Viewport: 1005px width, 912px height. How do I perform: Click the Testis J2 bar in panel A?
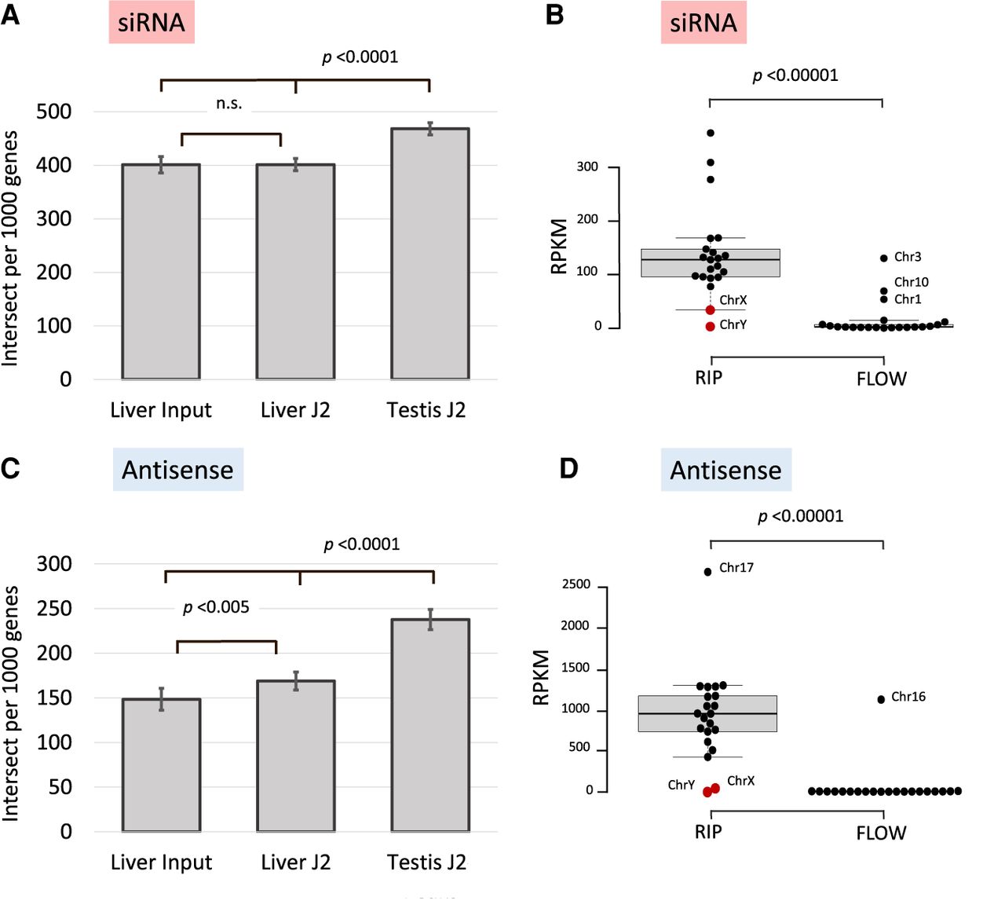pyautogui.click(x=429, y=254)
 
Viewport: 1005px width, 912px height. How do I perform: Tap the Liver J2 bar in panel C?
pyautogui.click(x=296, y=756)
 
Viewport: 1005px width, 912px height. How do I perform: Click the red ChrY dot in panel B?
pyautogui.click(x=710, y=326)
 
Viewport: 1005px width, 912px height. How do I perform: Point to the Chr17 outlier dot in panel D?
pyautogui.click(x=707, y=571)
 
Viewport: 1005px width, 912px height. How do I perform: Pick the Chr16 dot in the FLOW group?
pyautogui.click(x=881, y=699)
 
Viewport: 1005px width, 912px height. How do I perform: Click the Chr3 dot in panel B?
pyautogui.click(x=884, y=258)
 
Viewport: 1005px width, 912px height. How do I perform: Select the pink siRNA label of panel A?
pyautogui.click(x=152, y=22)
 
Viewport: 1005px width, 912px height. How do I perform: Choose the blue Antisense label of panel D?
pyautogui.click(x=725, y=470)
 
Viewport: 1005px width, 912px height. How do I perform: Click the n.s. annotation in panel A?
pyautogui.click(x=229, y=104)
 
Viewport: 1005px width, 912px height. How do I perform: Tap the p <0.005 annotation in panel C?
pyautogui.click(x=216, y=607)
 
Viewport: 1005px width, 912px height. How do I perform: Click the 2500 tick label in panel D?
pyautogui.click(x=576, y=584)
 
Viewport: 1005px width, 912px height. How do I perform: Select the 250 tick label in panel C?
pyautogui.click(x=54, y=608)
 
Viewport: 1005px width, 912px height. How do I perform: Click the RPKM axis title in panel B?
pyautogui.click(x=559, y=246)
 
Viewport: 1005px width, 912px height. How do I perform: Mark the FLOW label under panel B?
pyautogui.click(x=881, y=379)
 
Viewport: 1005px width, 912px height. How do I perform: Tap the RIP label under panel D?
pyautogui.click(x=708, y=832)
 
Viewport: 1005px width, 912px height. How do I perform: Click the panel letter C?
pyautogui.click(x=11, y=468)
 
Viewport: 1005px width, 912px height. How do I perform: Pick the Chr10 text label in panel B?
pyautogui.click(x=911, y=282)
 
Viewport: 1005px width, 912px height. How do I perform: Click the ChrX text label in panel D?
pyautogui.click(x=740, y=781)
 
